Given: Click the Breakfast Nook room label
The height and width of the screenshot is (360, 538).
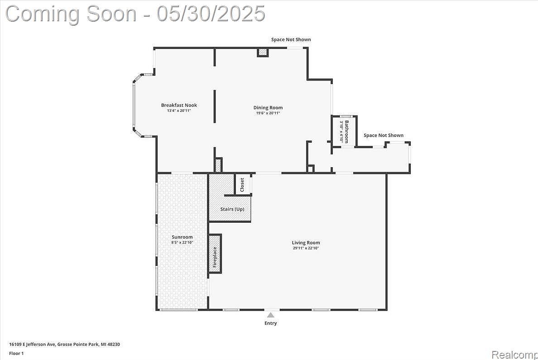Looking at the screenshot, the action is [x=179, y=105].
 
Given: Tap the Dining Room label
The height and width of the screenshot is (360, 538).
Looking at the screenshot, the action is [x=268, y=107].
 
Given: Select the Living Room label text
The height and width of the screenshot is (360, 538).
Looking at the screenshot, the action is [x=306, y=243].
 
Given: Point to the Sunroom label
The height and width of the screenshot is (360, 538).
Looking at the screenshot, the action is [x=182, y=237].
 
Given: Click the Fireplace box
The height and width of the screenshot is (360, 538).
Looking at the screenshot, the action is [x=215, y=254].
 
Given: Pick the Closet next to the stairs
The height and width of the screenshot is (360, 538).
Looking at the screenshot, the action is [x=243, y=185].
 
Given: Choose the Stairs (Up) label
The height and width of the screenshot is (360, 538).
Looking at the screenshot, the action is [x=232, y=209].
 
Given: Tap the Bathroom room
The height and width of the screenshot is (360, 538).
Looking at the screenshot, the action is [x=344, y=131].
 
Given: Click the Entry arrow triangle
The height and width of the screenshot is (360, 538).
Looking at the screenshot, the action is [x=271, y=315].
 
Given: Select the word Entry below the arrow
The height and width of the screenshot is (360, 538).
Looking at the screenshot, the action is [x=271, y=323].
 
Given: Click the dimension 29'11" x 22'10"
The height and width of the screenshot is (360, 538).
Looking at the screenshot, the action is [x=306, y=248].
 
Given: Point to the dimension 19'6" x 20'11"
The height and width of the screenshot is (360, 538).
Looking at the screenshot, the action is [x=268, y=113].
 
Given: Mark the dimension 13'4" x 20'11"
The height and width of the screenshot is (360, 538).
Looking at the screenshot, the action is [x=179, y=110].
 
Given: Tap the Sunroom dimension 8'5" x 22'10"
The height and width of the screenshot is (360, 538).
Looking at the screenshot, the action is [x=182, y=242].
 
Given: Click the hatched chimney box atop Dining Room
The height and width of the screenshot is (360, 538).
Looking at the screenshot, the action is [x=263, y=52].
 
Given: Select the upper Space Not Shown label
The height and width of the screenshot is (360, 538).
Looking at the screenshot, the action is [x=291, y=39].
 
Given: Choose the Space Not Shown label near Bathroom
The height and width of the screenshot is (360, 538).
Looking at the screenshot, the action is [x=384, y=135].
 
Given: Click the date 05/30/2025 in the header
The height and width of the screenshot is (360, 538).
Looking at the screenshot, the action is [x=211, y=14].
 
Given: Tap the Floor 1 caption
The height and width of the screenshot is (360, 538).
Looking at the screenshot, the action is [x=16, y=353].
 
